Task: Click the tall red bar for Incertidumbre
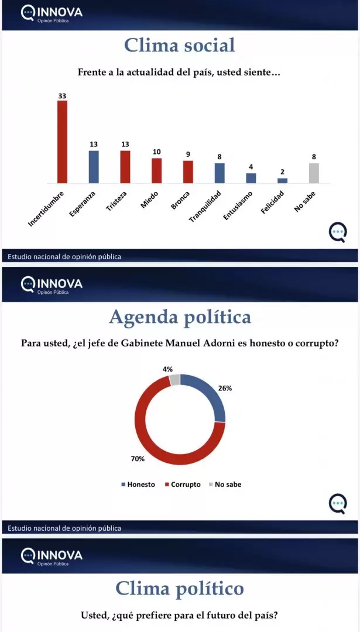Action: click(62, 142)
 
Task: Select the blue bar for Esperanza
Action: click(94, 167)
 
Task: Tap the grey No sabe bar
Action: click(314, 173)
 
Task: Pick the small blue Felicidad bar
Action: click(282, 180)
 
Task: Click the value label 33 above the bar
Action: click(62, 94)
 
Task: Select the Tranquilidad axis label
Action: click(205, 207)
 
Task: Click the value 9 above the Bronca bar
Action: click(188, 154)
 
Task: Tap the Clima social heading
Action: click(180, 45)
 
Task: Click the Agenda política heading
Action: click(180, 317)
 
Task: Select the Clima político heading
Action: click(180, 589)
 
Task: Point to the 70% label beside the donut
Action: click(138, 459)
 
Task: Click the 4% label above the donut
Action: click(167, 369)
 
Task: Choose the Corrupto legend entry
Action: click(185, 485)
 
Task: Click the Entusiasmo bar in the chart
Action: click(251, 178)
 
